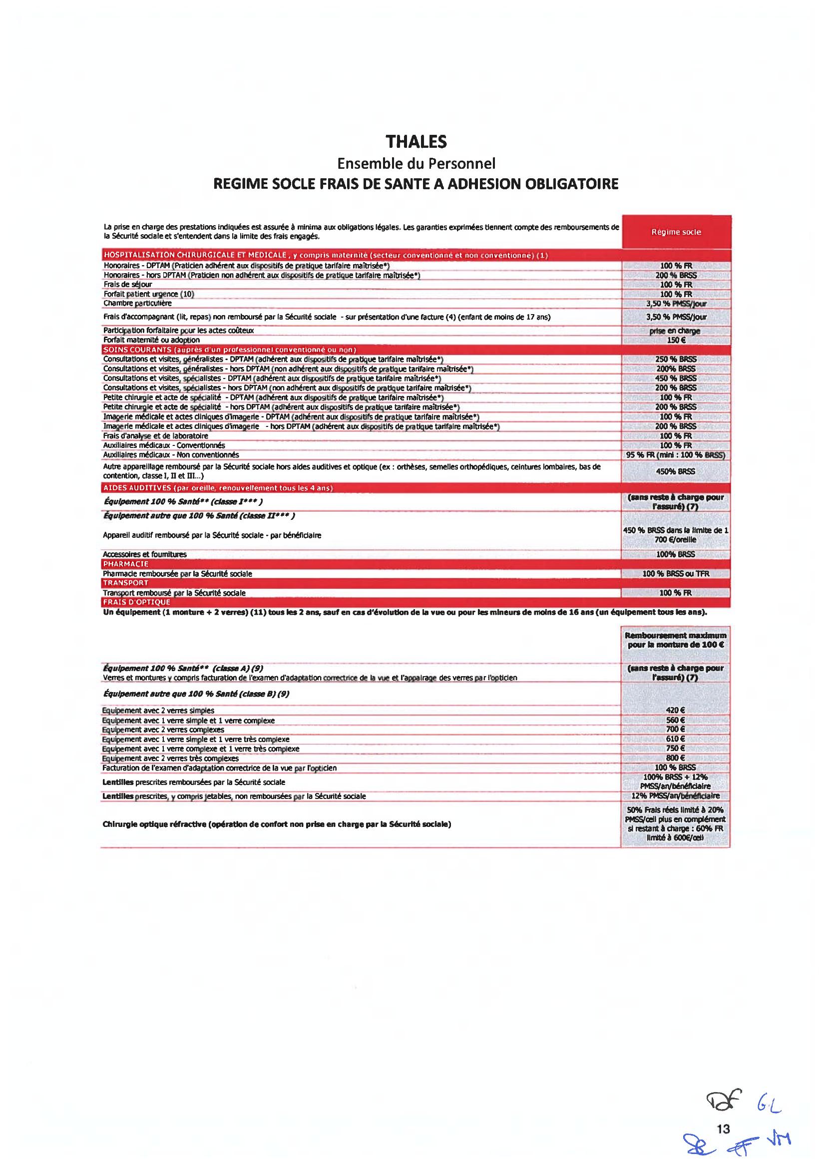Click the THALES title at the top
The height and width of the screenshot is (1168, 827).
(416, 142)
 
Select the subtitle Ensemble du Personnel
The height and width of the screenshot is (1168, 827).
(415, 163)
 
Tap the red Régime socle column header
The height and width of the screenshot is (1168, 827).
(676, 232)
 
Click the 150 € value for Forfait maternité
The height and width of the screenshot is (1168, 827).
(676, 340)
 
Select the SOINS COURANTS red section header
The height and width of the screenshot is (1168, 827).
(229, 349)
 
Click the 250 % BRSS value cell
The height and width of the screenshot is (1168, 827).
(676, 359)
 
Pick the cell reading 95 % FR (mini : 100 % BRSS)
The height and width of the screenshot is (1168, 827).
(676, 455)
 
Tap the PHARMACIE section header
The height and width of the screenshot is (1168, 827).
(126, 564)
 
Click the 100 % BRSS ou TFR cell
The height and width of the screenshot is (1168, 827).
(676, 573)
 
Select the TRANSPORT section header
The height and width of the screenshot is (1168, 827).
(126, 583)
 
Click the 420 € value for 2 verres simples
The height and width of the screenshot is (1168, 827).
(676, 710)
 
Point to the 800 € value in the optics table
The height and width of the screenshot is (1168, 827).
(676, 758)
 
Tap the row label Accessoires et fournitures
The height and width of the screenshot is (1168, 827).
(145, 554)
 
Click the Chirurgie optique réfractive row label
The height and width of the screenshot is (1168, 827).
(277, 824)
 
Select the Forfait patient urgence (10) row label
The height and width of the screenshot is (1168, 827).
(148, 294)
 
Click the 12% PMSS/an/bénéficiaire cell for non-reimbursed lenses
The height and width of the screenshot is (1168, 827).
(676, 796)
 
